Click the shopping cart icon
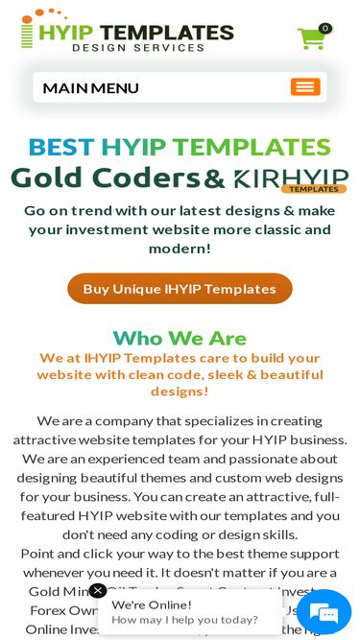coord(310,39)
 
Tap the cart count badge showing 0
coord(325,29)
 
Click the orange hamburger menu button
coord(305,87)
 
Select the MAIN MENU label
coord(91,88)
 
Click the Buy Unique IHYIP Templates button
coord(180,289)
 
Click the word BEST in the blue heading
coord(60,147)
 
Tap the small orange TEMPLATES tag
coord(314,189)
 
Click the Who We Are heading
coord(180,338)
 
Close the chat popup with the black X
coord(98,591)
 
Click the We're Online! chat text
coord(152,604)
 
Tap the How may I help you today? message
coord(184,620)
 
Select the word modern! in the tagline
coord(180,249)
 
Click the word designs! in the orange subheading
coord(180,391)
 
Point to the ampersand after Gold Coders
coord(214,178)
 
